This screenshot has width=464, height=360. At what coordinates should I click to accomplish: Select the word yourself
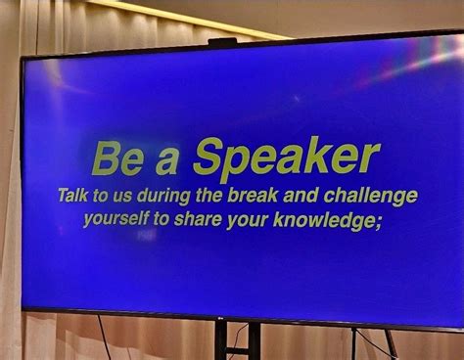point(116,219)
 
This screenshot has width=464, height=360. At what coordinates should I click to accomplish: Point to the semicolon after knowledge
point(377,221)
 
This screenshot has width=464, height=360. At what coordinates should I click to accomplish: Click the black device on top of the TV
point(222,41)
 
